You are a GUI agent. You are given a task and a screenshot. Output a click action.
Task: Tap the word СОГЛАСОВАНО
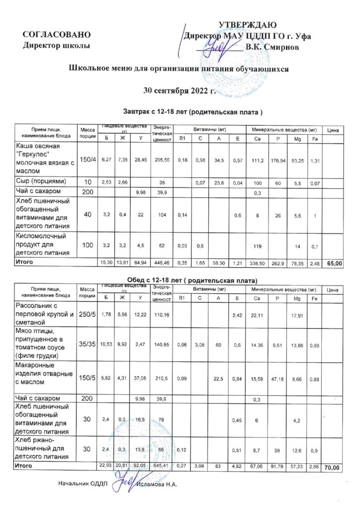[57, 35]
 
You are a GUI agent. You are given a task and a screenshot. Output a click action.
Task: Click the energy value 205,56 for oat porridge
[162, 159]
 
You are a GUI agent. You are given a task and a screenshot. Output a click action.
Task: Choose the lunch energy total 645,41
[162, 466]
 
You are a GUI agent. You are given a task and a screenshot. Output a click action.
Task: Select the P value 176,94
[278, 159]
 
